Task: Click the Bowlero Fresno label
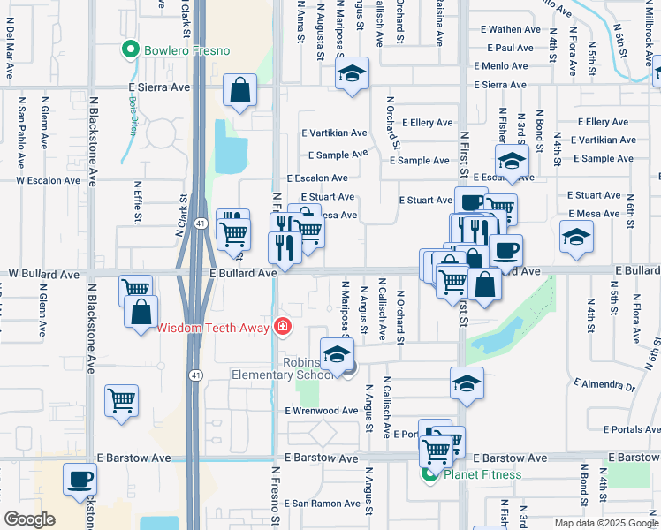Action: pyautogui.click(x=187, y=50)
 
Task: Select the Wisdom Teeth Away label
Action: pyautogui.click(x=215, y=328)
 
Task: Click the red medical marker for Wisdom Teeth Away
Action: pyautogui.click(x=282, y=328)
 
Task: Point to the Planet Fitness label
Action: pyautogui.click(x=482, y=474)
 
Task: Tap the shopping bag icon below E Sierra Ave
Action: pyautogui.click(x=239, y=89)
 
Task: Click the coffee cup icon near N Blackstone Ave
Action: pyautogui.click(x=80, y=479)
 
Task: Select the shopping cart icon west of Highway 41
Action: pyautogui.click(x=121, y=400)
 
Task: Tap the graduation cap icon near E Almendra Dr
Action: pyautogui.click(x=467, y=382)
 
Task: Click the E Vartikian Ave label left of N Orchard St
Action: pyautogui.click(x=333, y=133)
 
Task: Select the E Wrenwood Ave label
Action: pyautogui.click(x=321, y=412)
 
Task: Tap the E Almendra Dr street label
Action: pyautogui.click(x=604, y=386)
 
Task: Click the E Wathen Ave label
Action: pyautogui.click(x=510, y=29)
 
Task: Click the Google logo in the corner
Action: pyautogui.click(x=29, y=519)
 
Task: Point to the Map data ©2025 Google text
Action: pyautogui.click(x=605, y=523)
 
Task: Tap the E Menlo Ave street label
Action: pyautogui.click(x=505, y=65)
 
